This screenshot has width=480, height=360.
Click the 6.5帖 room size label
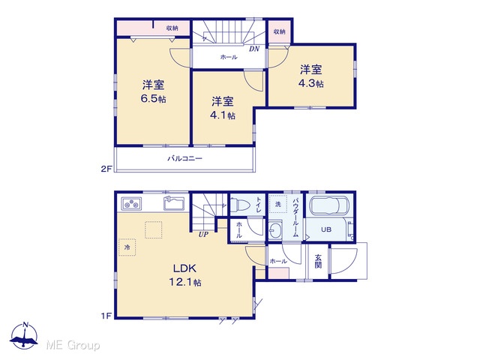pos(153,99)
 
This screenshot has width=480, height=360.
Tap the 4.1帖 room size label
pos(223,115)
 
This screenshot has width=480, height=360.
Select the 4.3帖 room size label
pos(311,83)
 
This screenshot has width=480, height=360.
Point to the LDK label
pos(184,268)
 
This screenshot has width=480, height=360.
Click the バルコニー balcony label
pos(184,158)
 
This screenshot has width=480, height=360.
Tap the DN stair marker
pos(254,49)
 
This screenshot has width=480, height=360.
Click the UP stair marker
pos(203,235)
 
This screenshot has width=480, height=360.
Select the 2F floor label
pos(106,169)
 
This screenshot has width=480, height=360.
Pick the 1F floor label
pos(106,316)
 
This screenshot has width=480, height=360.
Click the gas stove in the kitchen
pos(131,203)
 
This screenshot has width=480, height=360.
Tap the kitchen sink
pos(174,203)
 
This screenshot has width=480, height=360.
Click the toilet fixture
pos(241,204)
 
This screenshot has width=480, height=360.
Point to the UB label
pos(326,229)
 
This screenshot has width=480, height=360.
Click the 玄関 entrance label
pos(318,261)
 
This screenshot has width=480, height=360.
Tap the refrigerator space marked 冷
pos(127,247)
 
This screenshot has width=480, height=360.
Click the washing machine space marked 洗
pos(278,204)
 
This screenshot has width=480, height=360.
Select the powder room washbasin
pos(275,229)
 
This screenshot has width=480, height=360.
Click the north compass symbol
pos(24,336)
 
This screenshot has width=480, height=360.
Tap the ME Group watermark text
pos(73,345)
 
